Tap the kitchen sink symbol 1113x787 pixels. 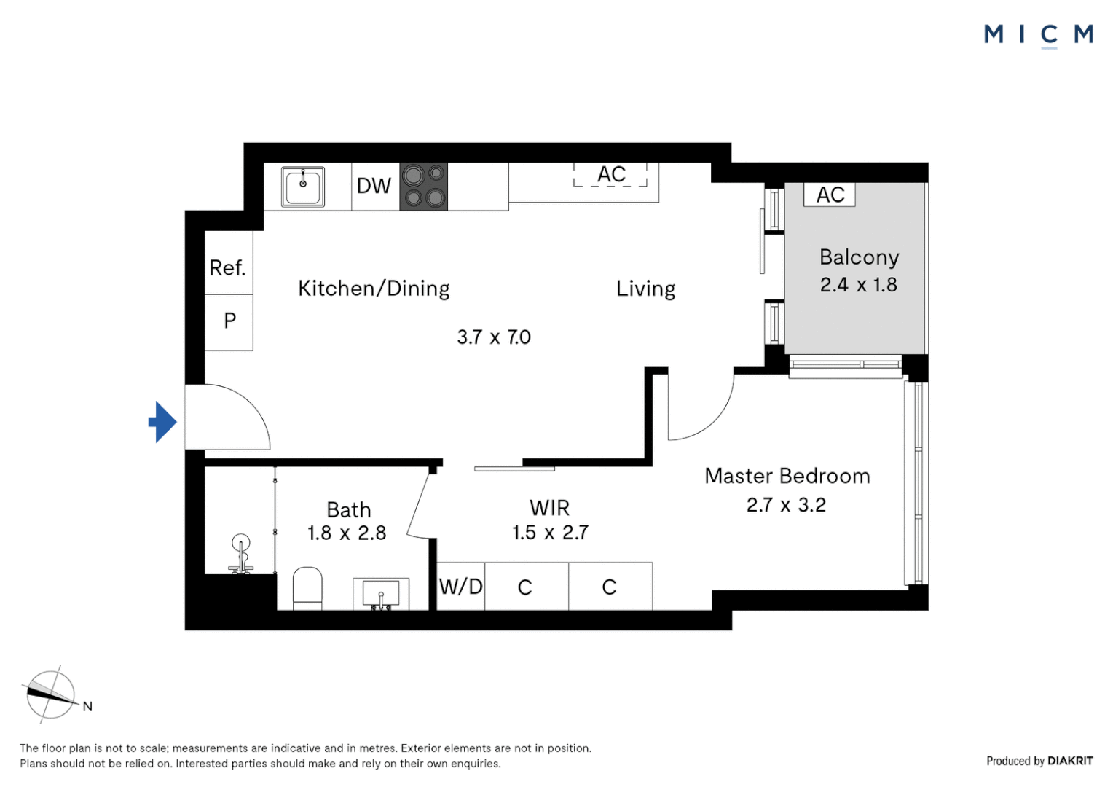pos(303,187)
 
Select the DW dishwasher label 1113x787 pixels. pos(374,187)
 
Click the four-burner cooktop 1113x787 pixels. pos(423,187)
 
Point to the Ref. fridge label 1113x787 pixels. pos(227,268)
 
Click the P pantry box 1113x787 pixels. pos(229,321)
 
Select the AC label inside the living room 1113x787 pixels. pos(611,175)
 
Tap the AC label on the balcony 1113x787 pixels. pos(830,195)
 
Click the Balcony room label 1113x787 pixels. pos(859,257)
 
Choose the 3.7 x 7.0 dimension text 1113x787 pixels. pos(494,337)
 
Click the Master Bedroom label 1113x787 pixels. pos(787,477)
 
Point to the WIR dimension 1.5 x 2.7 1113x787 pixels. pos(550,533)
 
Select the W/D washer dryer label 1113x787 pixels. pos(460,587)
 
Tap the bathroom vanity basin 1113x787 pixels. pos(381,593)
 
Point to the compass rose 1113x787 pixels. pos(50,694)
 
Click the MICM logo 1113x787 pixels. pos(1038,34)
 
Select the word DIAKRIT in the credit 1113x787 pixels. pos(1070,761)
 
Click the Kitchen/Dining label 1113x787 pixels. pos(374,289)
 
